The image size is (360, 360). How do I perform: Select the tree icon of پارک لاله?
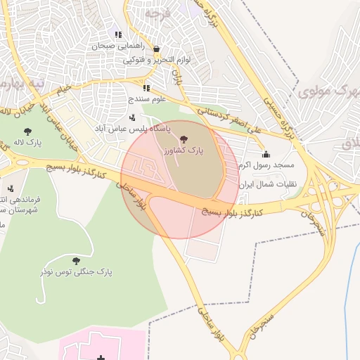click(27, 131)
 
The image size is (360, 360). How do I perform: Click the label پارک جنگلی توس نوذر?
click(76, 271)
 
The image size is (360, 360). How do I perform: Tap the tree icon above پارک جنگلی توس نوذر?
click(76, 260)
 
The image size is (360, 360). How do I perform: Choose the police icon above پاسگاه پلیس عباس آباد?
click(132, 117)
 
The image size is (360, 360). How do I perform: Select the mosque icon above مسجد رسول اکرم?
click(265, 154)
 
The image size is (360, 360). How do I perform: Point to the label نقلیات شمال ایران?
click(268, 184)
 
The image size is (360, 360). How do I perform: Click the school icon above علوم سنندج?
click(146, 88)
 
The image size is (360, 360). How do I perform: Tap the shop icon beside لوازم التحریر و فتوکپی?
click(156, 49)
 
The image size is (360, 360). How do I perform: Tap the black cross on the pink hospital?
click(101, 359)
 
